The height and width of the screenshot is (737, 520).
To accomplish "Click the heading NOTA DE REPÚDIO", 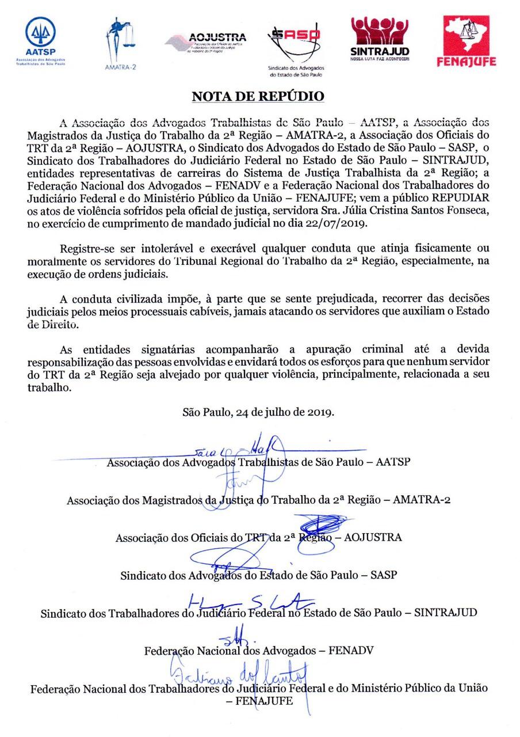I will (x=258, y=96).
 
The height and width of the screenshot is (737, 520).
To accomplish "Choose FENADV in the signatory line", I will (x=351, y=651).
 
